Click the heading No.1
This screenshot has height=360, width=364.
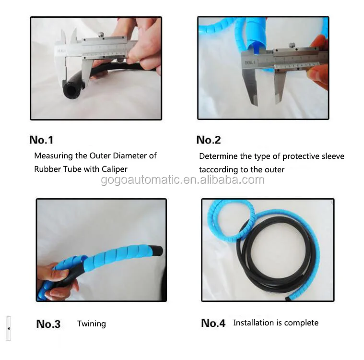[x=41, y=140]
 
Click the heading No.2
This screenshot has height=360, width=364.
[x=209, y=140]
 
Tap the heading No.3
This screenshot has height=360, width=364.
[x=48, y=324]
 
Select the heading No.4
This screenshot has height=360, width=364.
[x=213, y=323]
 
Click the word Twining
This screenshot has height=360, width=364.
[x=92, y=324]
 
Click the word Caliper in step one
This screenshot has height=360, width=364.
[x=113, y=169]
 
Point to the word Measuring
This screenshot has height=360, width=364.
[x=54, y=156]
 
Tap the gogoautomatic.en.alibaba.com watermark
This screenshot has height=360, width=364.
[x=183, y=180]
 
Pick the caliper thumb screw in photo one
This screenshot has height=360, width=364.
[x=102, y=34]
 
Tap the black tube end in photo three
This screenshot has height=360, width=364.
[x=157, y=251]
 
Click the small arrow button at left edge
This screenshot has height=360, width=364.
[x=8, y=329]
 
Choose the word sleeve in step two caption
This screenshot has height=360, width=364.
[x=332, y=156]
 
